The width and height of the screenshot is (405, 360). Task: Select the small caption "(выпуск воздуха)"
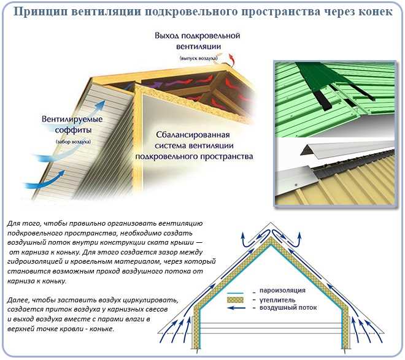tap(198, 58)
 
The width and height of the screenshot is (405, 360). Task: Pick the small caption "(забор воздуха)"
tap(74, 142)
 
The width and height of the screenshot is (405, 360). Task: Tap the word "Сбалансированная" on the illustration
tap(191, 134)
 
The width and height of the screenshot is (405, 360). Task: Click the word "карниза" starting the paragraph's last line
tap(22, 280)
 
